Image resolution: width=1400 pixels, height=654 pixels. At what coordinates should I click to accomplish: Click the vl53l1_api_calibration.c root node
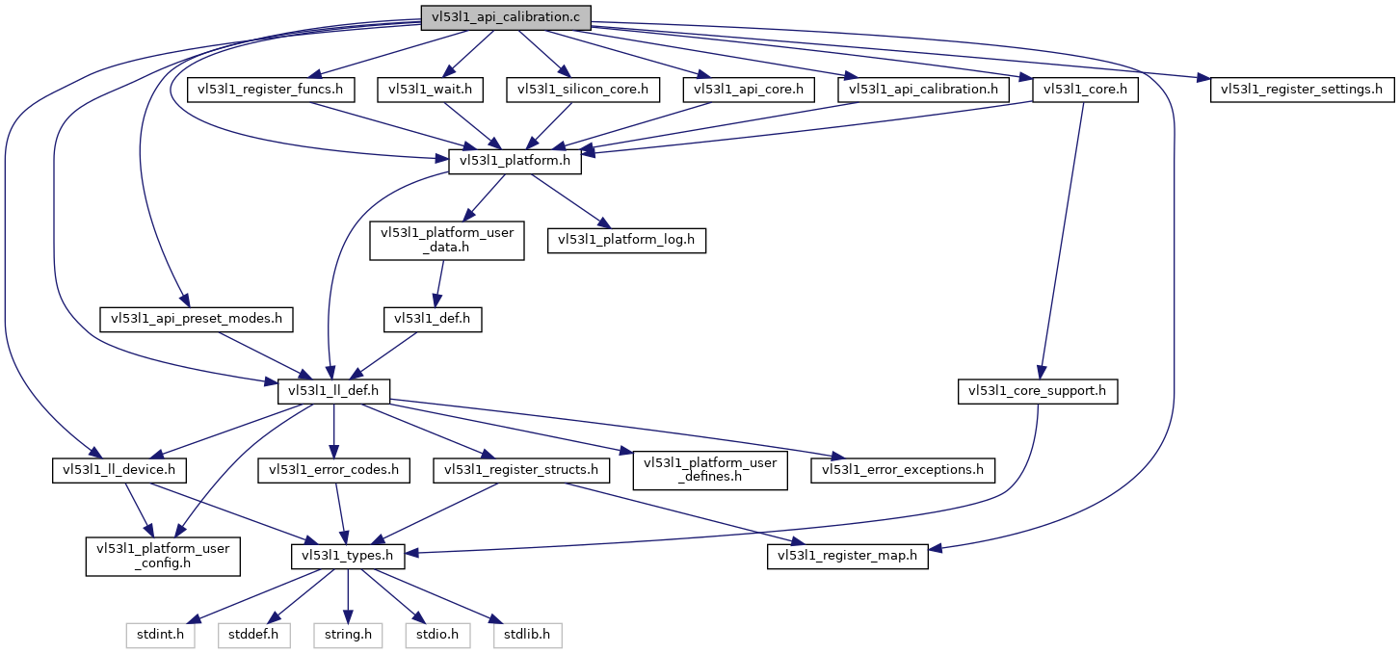[x=506, y=15]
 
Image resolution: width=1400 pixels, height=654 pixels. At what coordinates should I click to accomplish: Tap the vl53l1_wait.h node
[x=430, y=90]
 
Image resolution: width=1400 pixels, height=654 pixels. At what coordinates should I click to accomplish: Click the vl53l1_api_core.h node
[x=749, y=90]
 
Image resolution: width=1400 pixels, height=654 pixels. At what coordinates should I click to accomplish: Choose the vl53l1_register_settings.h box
[x=1302, y=90]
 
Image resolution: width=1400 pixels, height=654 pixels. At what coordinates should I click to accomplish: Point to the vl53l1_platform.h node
[x=515, y=162]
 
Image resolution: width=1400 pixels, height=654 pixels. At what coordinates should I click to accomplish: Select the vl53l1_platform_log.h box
[x=627, y=240]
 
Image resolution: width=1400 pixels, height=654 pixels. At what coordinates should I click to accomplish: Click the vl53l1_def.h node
[x=432, y=319]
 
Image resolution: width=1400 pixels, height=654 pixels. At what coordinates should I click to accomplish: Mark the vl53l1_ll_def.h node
[x=333, y=391]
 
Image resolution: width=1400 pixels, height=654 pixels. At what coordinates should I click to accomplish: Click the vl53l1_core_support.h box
[x=1038, y=391]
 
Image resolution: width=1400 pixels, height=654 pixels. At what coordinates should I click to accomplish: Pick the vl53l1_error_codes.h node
[x=333, y=470]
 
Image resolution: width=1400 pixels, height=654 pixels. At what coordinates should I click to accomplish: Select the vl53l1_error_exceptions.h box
[x=903, y=470]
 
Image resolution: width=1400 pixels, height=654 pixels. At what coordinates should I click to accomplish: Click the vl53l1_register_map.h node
[x=848, y=556]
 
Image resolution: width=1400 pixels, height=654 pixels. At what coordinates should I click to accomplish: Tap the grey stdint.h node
[x=160, y=635]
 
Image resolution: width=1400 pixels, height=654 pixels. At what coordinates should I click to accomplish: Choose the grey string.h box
[x=348, y=635]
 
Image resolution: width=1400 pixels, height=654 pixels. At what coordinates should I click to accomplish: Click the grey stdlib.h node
[x=527, y=635]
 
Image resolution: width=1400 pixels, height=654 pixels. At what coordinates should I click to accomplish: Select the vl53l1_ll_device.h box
[x=119, y=470]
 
